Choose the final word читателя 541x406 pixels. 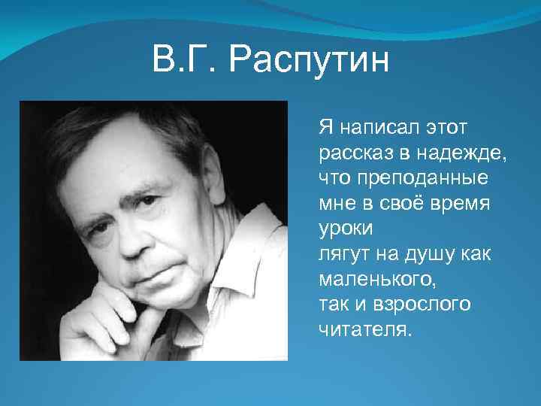point(365,329)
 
